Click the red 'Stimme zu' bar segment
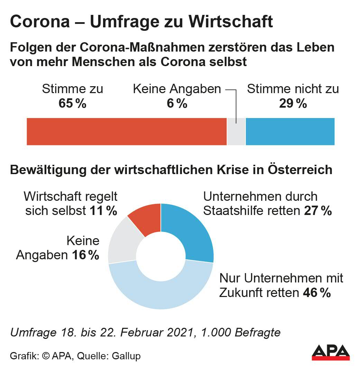tap(126, 131)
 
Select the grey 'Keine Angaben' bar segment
tap(236, 131)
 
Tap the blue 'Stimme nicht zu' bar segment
tap(290, 131)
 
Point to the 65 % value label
tap(72, 103)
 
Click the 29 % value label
tap(293, 103)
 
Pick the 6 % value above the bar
tap(177, 103)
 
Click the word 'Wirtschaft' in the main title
tap(231, 22)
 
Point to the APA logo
tap(331, 352)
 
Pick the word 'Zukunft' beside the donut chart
tap(239, 293)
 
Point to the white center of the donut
tap(161, 256)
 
